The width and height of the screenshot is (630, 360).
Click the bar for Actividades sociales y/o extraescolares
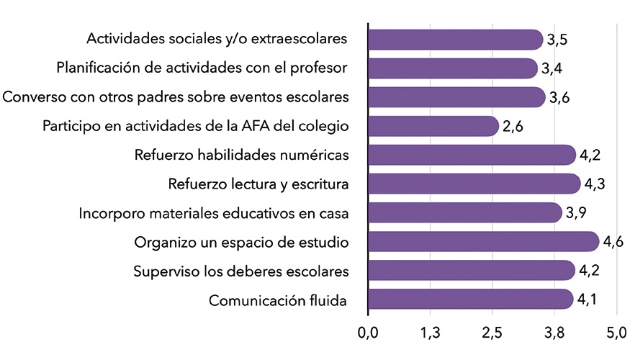click(x=455, y=40)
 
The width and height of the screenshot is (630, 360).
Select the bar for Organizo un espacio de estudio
click(x=483, y=242)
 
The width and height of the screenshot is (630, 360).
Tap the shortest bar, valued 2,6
click(x=433, y=126)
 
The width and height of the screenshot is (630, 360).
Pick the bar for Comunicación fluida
click(x=471, y=300)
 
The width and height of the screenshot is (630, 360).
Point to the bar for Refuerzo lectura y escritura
click(x=474, y=184)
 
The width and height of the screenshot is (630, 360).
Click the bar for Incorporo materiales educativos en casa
click(x=464, y=212)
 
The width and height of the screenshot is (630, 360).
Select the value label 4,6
click(x=613, y=242)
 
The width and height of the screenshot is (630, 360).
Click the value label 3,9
click(x=576, y=213)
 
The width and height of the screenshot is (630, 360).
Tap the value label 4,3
click(x=594, y=184)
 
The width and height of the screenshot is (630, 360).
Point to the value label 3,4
click(x=552, y=69)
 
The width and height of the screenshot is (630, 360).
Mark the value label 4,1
click(x=588, y=300)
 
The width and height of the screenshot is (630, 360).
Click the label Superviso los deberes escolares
click(x=241, y=271)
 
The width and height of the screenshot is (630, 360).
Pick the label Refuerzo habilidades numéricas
click(x=242, y=155)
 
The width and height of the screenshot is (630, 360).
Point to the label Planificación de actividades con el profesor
click(x=202, y=68)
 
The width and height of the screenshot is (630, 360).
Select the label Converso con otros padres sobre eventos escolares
click(x=176, y=97)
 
